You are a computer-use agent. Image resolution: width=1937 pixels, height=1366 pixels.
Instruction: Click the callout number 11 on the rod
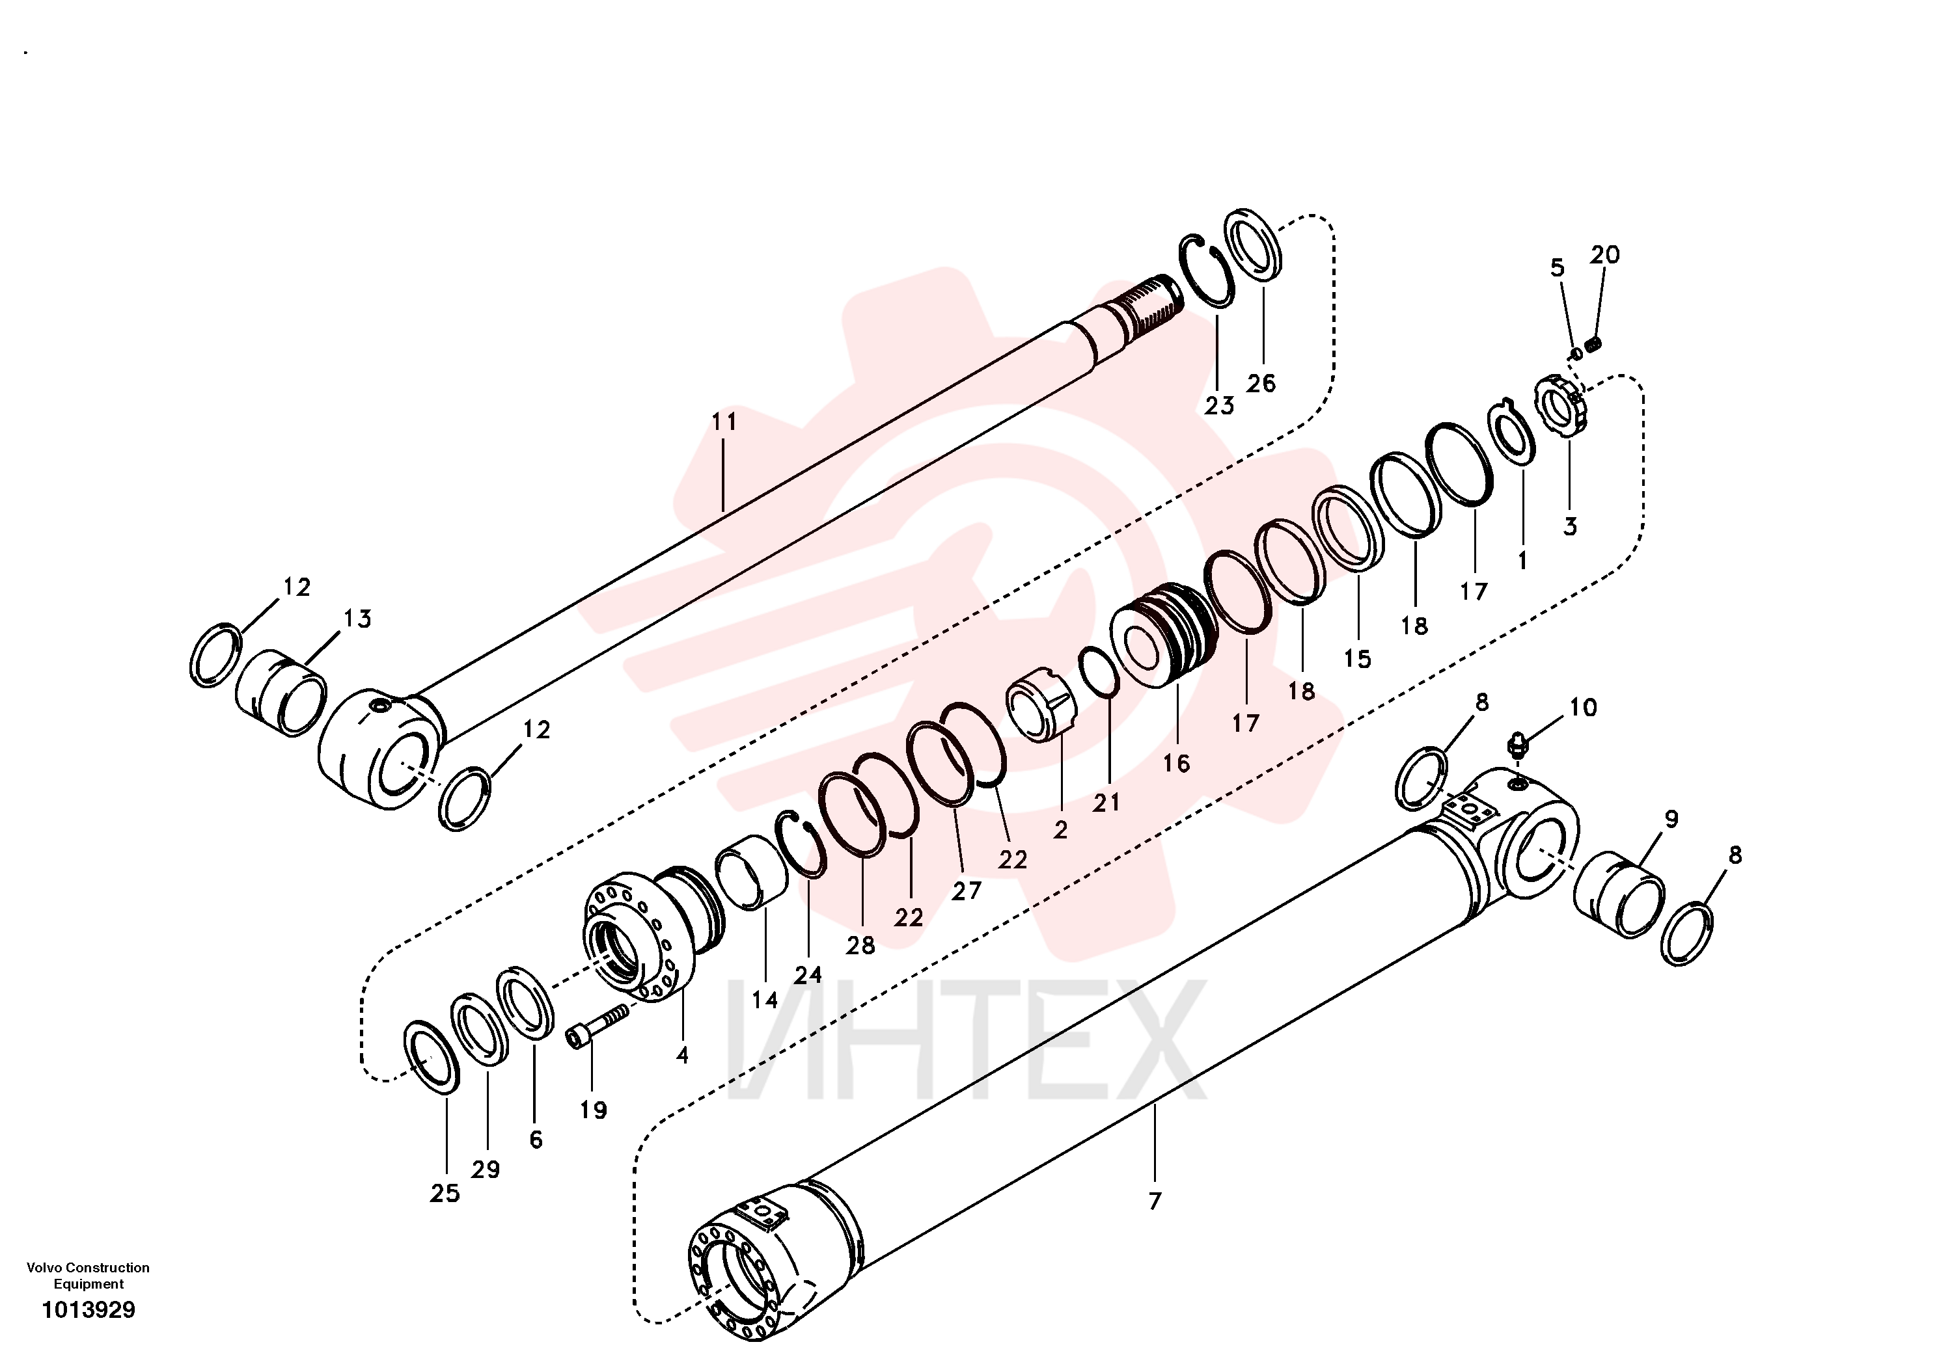click(724, 422)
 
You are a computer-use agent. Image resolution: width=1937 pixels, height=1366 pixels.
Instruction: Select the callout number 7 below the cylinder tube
click(1155, 1201)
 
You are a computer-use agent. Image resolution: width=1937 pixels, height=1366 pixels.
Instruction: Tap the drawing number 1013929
click(89, 1309)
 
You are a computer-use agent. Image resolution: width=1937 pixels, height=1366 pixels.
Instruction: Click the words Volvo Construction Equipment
click(89, 1275)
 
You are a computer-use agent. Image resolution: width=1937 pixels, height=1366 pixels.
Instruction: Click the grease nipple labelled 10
click(1518, 745)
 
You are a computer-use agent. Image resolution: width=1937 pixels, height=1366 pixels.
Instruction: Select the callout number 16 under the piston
click(1176, 764)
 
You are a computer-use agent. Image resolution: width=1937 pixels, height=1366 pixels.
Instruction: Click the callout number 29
click(486, 1170)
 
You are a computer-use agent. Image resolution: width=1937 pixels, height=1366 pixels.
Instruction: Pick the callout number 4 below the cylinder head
click(683, 1055)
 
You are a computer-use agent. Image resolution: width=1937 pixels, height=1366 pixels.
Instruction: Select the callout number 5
click(1558, 268)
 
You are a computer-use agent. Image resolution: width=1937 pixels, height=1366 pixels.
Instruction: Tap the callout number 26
click(1261, 384)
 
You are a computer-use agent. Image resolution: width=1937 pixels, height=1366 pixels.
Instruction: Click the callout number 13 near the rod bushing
click(357, 619)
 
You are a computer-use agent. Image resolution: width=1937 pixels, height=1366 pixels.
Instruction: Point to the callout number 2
click(1060, 830)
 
